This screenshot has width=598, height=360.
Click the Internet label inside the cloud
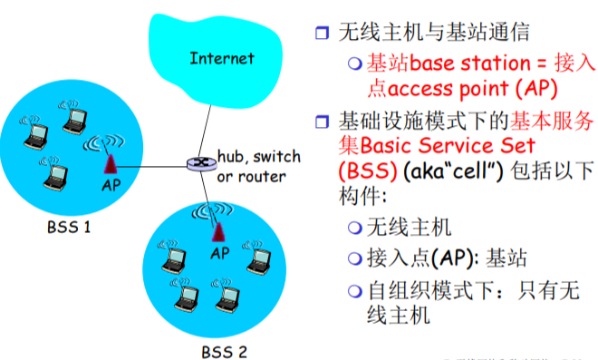point(222,59)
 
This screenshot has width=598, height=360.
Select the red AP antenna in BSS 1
point(110,162)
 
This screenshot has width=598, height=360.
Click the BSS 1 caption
point(68,226)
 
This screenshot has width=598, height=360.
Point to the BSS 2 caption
point(223,349)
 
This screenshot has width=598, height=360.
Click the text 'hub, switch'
point(258,157)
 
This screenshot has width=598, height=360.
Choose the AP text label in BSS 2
point(219,254)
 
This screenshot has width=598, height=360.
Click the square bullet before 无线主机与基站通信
point(320,34)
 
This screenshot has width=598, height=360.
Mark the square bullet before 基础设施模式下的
point(320,119)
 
